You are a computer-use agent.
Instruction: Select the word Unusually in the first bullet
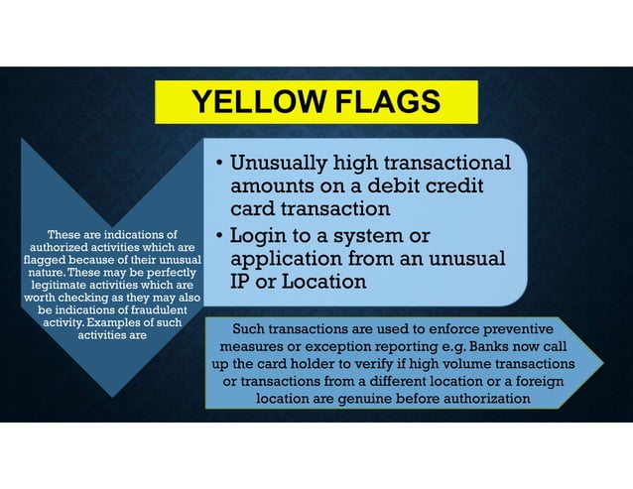pos(281,164)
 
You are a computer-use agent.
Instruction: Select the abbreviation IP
pos(242,282)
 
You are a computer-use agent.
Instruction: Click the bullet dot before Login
pos(218,236)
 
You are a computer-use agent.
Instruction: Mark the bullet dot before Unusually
pos(218,165)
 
